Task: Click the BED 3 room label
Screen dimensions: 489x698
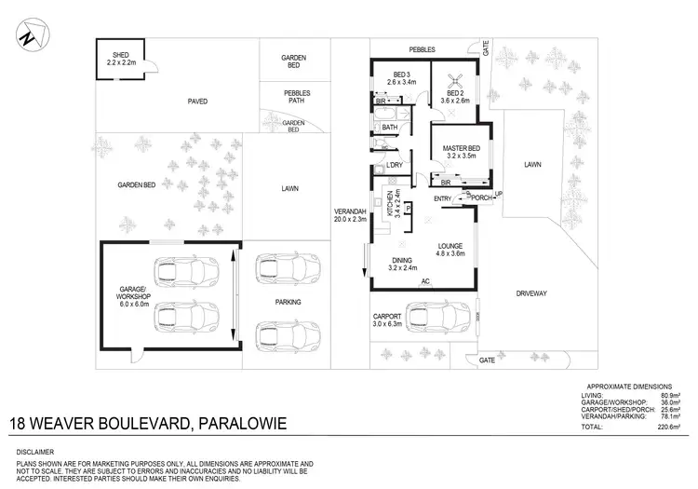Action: pyautogui.click(x=403, y=76)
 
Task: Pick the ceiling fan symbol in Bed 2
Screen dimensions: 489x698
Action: pyautogui.click(x=455, y=79)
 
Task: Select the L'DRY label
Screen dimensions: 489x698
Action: pyautogui.click(x=395, y=165)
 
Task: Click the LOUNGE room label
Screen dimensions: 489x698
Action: pyautogui.click(x=450, y=248)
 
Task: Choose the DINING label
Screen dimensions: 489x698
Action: pyautogui.click(x=402, y=263)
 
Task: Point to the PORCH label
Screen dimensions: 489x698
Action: pyautogui.click(x=481, y=197)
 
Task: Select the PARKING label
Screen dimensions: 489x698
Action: pyautogui.click(x=288, y=302)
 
